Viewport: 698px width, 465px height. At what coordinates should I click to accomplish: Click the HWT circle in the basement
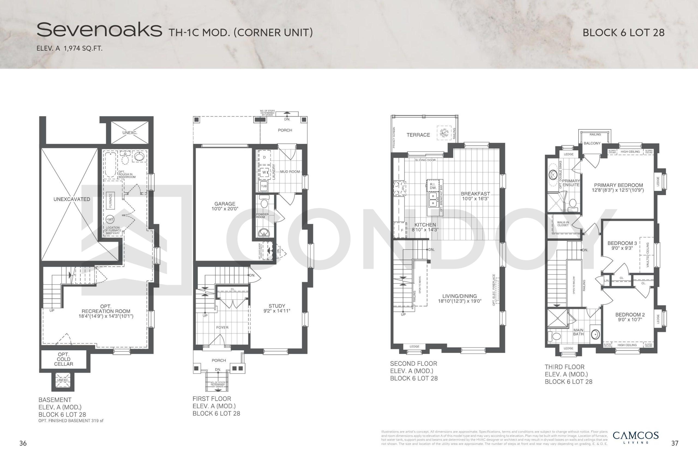pos(110,219)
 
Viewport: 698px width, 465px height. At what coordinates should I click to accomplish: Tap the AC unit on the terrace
pos(444,133)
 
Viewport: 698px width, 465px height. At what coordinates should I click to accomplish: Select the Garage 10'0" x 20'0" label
pos(225,206)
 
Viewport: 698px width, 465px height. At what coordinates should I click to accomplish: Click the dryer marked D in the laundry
pos(264,157)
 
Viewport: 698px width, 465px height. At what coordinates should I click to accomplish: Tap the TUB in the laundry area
pos(264,186)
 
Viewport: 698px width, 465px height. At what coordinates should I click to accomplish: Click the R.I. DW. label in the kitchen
pos(433,186)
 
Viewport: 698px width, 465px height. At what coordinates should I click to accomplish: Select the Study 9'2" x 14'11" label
pos(276,308)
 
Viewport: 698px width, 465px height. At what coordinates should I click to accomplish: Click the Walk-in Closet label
pos(563,224)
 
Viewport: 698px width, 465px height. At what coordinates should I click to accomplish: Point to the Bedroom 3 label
pos(621,245)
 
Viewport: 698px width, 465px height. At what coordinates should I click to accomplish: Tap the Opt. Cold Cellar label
pos(64,359)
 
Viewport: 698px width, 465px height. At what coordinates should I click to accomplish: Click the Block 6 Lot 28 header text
pos(623,33)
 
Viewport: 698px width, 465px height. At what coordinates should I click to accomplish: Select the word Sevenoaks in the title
pos(99,30)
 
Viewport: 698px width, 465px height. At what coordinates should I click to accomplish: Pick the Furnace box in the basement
pos(110,200)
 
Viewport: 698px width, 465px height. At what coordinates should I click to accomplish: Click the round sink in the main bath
pos(595,334)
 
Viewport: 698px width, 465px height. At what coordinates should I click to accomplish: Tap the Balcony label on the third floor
pos(592,143)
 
